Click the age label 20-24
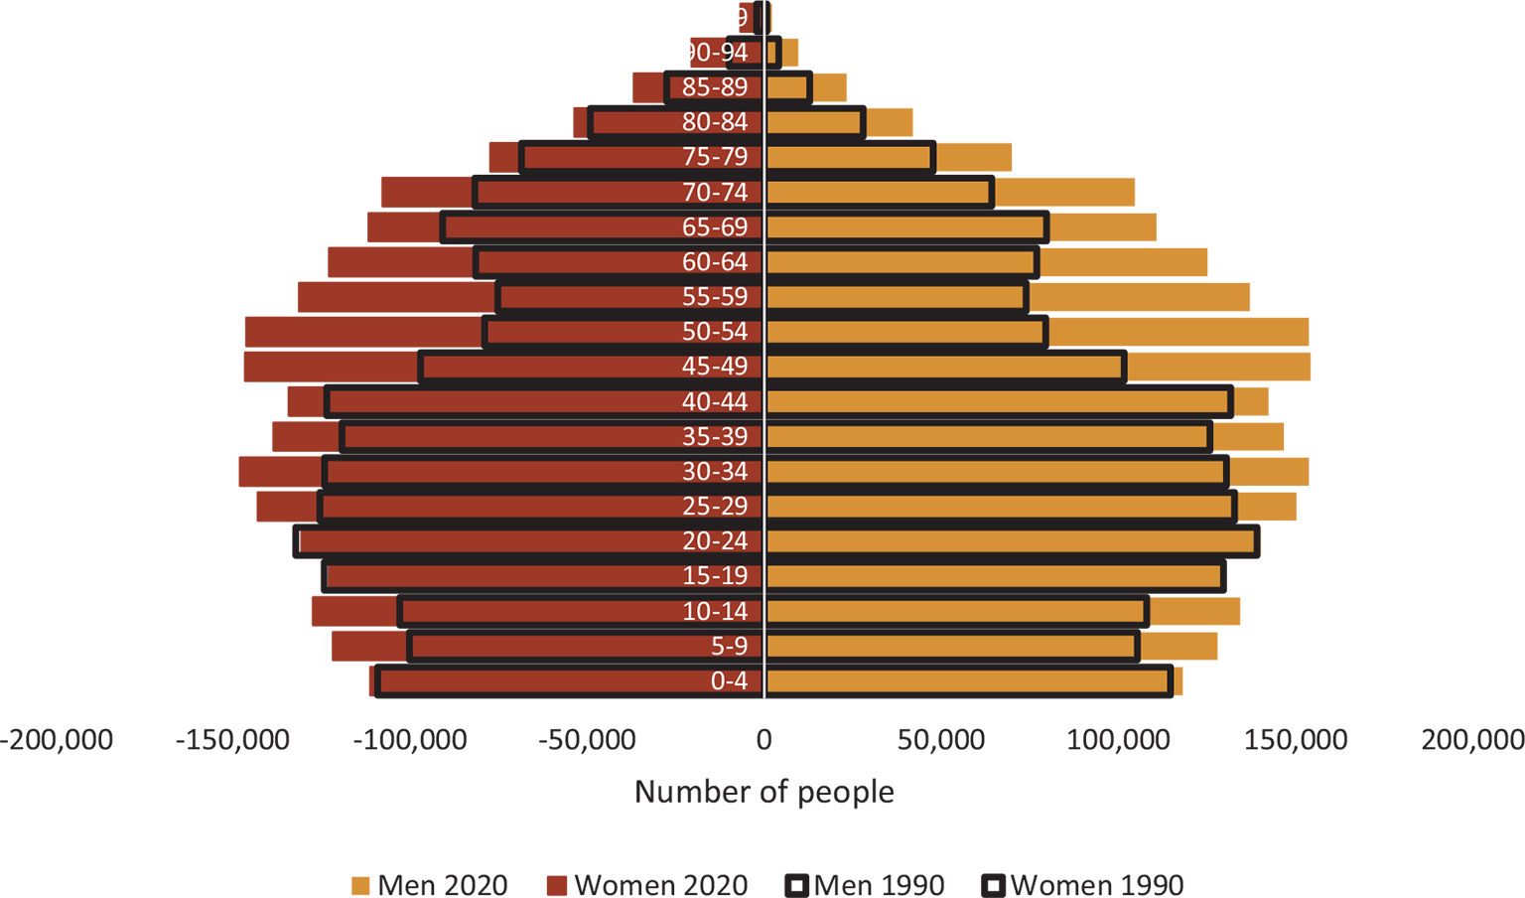(x=715, y=541)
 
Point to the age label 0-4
(x=729, y=681)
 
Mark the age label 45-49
(x=715, y=367)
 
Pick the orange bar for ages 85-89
(x=787, y=87)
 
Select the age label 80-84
(x=715, y=122)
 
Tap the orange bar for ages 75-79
(x=849, y=157)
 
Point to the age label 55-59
(x=715, y=297)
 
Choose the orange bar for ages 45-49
(x=944, y=367)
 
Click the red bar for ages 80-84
(x=635, y=122)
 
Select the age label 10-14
(x=715, y=612)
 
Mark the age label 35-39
(x=715, y=437)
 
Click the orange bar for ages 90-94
(x=771, y=53)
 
